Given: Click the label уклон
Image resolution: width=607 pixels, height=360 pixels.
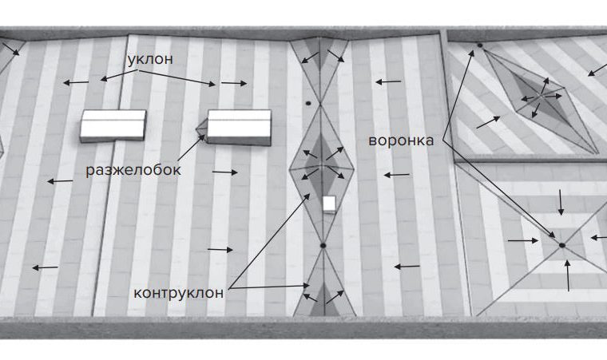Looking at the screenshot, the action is [x=150, y=59].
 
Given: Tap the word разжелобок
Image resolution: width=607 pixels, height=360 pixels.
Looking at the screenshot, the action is [x=133, y=170].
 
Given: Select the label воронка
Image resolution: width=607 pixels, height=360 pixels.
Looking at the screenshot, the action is [x=401, y=140].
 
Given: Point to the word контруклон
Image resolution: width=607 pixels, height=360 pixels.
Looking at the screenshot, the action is [x=178, y=293].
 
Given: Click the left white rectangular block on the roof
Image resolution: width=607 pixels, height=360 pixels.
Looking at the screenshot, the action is [x=113, y=125].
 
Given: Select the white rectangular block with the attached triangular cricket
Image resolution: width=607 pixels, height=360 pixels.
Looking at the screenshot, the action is [x=239, y=128].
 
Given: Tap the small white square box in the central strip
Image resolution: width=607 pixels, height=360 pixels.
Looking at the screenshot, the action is [x=329, y=204].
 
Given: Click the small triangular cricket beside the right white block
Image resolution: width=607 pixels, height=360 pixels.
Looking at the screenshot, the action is [x=202, y=128].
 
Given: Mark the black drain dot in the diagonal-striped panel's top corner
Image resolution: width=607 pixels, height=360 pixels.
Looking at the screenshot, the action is [x=480, y=45].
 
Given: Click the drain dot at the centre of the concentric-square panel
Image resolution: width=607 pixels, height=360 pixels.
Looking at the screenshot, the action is [x=562, y=245].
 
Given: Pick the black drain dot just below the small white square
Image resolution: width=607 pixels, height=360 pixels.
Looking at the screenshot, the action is [x=323, y=245].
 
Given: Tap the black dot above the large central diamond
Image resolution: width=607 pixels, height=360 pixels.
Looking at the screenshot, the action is [x=308, y=103].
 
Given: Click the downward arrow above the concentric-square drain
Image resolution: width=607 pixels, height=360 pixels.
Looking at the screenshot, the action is [x=561, y=202].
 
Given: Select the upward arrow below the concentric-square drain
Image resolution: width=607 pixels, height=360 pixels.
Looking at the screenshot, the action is [x=568, y=275].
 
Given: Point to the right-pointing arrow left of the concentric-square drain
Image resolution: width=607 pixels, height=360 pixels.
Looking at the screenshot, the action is [x=523, y=241].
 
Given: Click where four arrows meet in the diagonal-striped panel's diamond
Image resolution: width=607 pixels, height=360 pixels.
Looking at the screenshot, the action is [x=540, y=95].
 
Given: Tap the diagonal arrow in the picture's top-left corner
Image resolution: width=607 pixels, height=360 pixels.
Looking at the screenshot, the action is [x=11, y=49].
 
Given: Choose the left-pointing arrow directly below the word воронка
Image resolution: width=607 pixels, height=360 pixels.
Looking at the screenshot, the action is [x=396, y=175].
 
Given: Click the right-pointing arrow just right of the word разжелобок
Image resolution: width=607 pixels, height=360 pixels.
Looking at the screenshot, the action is [x=225, y=172].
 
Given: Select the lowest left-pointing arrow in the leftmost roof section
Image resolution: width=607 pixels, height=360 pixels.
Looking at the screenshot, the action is [x=46, y=267].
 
